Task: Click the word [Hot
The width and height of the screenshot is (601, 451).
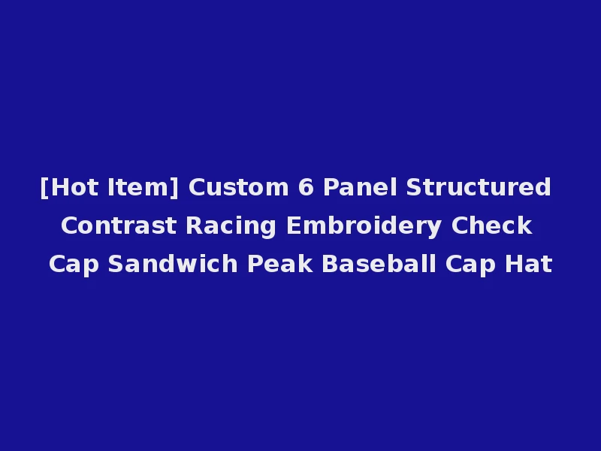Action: pyautogui.click(x=69, y=187)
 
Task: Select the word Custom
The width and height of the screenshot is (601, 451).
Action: pyautogui.click(x=239, y=187)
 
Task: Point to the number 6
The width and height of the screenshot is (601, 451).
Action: pyautogui.click(x=306, y=187)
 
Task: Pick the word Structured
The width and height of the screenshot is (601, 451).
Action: pyautogui.click(x=479, y=187)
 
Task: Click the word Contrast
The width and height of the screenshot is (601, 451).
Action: pyautogui.click(x=119, y=225)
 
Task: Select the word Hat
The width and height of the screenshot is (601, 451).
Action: pyautogui.click(x=530, y=265)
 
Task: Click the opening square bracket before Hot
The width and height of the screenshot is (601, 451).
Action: pyautogui.click(x=44, y=187)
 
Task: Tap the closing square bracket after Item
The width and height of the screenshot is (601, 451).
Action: pyautogui.click(x=176, y=187)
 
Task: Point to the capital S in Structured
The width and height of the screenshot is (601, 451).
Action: pyautogui.click(x=412, y=187)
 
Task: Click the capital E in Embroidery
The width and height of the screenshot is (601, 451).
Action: pyautogui.click(x=294, y=225)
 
